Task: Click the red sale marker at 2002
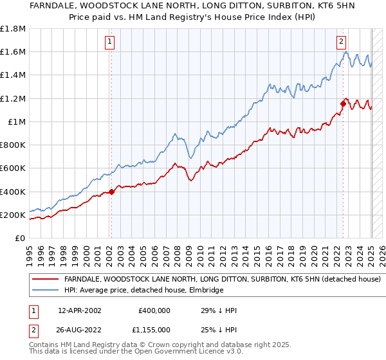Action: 111,191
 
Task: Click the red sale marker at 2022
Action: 343,103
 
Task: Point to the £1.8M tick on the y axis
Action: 13,29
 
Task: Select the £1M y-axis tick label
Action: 16,122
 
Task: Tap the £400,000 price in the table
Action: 154,310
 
